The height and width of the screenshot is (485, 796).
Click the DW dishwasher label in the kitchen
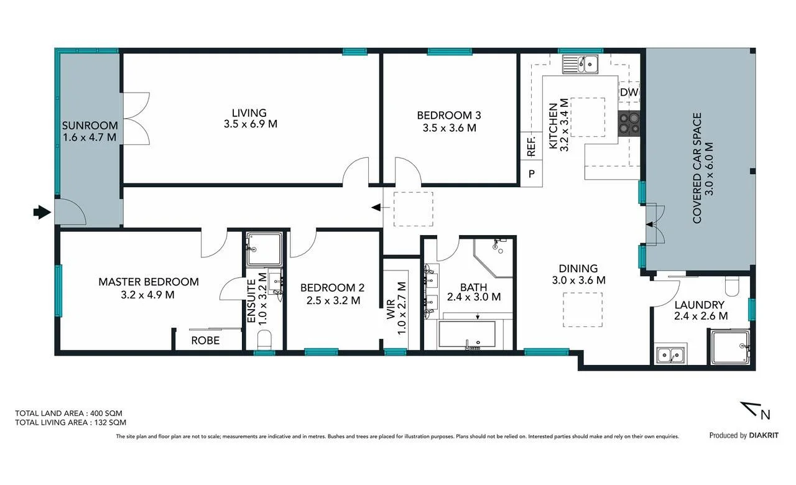[x=629, y=93]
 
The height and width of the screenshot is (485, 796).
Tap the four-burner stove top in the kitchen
[x=629, y=123]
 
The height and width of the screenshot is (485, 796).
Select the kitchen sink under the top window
[x=580, y=64]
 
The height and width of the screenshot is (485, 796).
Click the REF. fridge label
[x=531, y=146]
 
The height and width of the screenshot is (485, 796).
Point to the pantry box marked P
[x=531, y=173]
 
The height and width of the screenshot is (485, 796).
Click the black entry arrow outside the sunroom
[x=42, y=213]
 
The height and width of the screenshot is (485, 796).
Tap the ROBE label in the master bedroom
[x=205, y=340]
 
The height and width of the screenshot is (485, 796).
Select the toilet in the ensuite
[x=264, y=339]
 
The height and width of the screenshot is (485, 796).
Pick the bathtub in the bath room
[x=467, y=335]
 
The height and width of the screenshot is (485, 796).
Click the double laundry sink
[x=670, y=354]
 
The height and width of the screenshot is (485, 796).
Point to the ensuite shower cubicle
[x=264, y=249]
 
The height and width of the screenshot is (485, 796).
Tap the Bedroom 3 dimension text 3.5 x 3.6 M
[x=449, y=128]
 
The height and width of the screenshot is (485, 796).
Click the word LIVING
[x=249, y=113]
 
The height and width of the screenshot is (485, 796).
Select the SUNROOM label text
[x=90, y=126]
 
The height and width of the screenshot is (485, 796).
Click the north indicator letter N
[x=766, y=415]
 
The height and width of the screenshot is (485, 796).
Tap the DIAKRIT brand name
[x=764, y=435]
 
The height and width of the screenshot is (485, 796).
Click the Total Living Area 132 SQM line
[x=70, y=422]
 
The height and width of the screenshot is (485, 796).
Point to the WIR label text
[x=391, y=310]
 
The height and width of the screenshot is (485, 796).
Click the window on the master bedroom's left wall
[x=58, y=290]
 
